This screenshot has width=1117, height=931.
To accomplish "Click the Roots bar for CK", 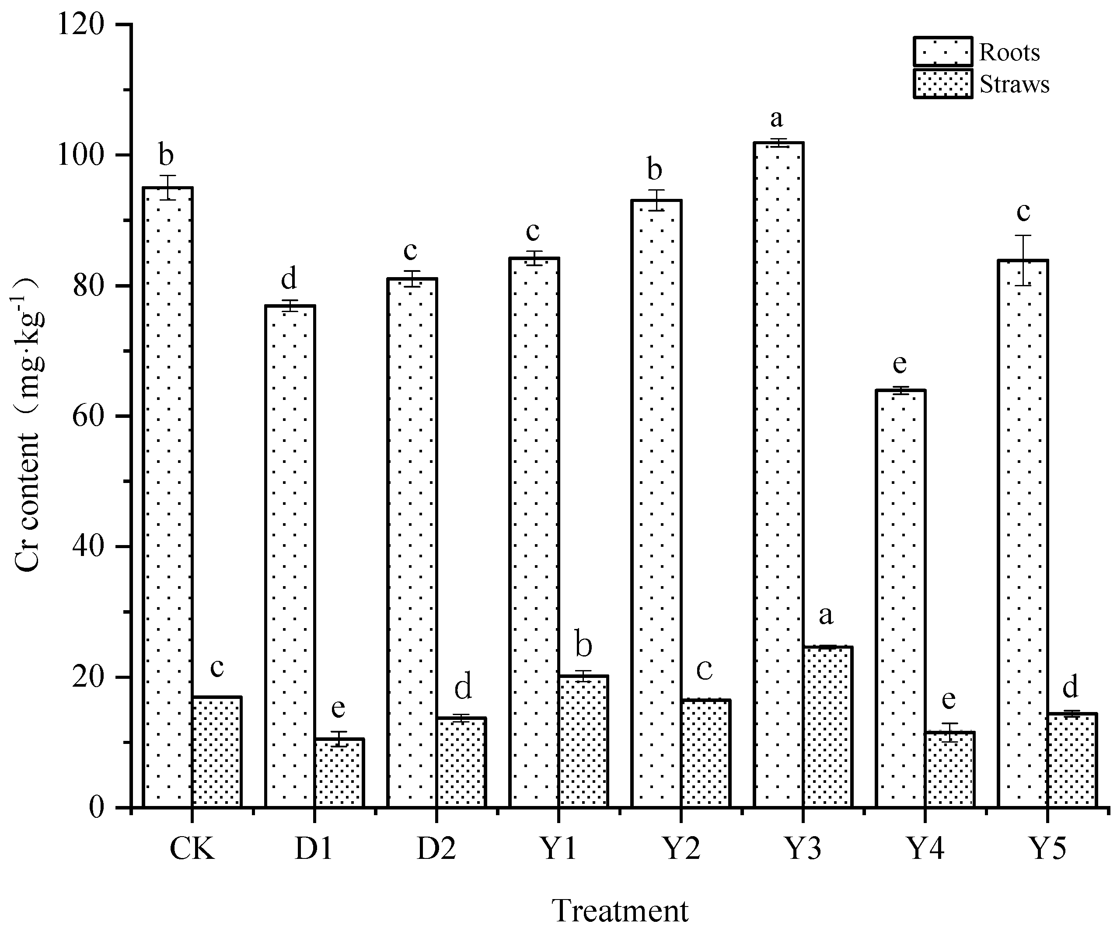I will coord(168,497).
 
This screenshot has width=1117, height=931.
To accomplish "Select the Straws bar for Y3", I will coord(827,727).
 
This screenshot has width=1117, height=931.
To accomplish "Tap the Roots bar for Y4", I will coord(901,599).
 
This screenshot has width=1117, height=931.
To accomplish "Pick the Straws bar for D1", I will coord(339,773).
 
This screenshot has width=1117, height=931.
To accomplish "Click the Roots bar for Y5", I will coord(1023,534).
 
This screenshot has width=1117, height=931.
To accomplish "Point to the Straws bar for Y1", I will coord(583,741).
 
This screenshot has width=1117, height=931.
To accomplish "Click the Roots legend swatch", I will coord(942,52).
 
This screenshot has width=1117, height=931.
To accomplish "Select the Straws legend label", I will coord(1014,84).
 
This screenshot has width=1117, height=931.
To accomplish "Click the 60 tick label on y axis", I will coord(88,416).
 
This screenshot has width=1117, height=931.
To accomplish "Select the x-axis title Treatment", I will coord(620,911).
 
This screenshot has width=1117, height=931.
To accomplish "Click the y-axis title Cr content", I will coord(27,425).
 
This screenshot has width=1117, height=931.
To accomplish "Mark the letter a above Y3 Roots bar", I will coord(777,119).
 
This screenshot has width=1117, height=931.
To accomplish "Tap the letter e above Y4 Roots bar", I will coord(900,364).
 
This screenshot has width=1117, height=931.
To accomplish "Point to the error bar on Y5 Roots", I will coord(1023,260).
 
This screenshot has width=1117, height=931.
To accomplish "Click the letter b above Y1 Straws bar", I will coord(583,646).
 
